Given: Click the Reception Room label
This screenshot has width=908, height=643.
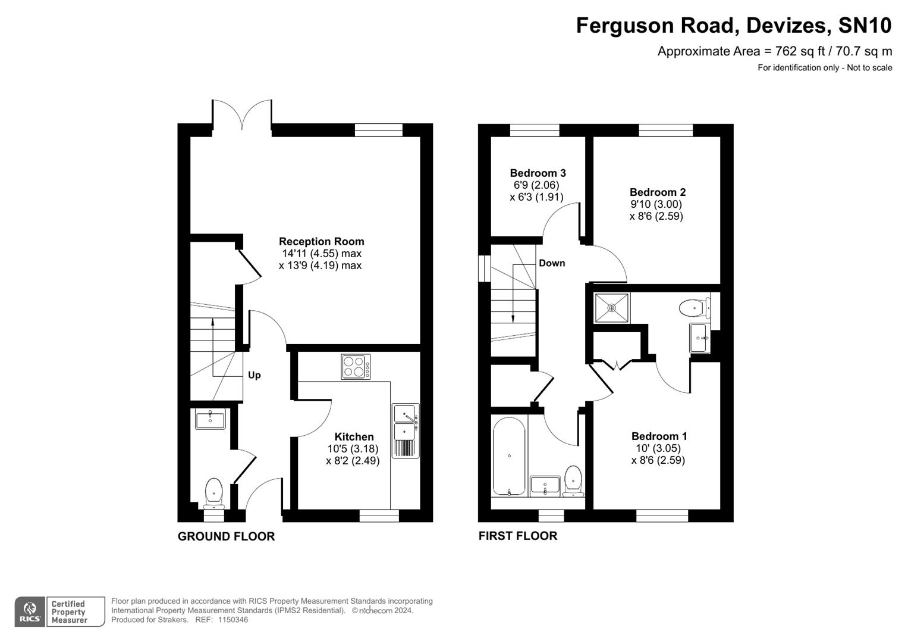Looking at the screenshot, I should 321,242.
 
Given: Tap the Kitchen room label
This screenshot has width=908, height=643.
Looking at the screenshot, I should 354,437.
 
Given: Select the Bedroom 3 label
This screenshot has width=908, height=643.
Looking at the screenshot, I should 538,173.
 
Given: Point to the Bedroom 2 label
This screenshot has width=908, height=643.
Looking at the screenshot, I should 657,192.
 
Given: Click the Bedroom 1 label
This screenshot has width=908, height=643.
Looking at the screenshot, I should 659,436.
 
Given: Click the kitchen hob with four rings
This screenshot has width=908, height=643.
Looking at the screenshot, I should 356,367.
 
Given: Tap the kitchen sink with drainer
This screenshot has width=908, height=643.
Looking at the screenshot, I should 406,430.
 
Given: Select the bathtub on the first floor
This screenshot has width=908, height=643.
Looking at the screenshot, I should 508,456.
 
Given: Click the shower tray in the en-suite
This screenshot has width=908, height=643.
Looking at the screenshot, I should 612,308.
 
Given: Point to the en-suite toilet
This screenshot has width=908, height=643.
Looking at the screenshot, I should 693,308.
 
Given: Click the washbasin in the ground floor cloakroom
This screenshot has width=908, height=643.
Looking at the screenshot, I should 210,420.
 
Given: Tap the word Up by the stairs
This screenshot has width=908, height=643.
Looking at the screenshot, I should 254,375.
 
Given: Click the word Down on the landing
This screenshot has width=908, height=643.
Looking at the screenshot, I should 551,263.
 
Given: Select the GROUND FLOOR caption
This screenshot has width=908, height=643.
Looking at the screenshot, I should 226,536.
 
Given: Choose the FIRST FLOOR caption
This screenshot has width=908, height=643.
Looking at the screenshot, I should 517,536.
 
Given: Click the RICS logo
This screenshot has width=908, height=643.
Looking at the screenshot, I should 30,612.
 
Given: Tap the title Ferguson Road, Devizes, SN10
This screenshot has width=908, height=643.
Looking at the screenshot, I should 733,26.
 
